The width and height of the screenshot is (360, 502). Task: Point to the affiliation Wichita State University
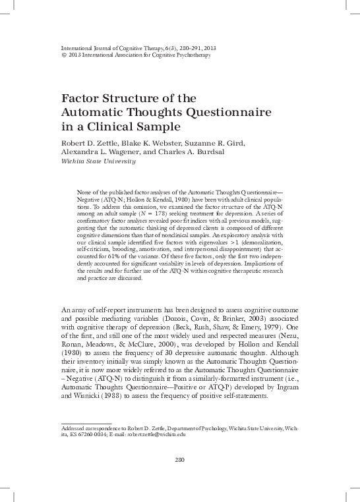coord(98,160)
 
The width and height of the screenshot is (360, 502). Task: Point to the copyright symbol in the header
coord(63,55)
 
